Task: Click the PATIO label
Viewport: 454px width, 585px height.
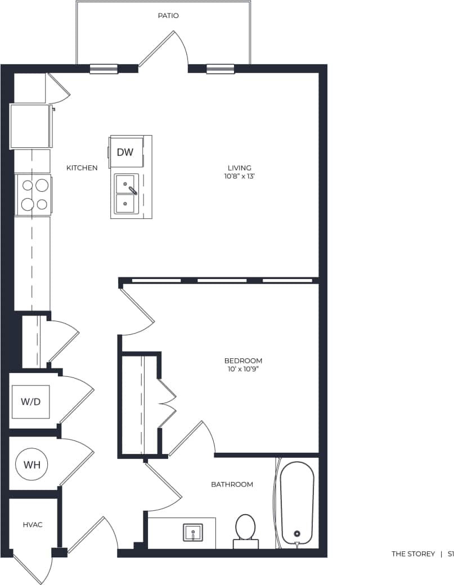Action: pos(168,16)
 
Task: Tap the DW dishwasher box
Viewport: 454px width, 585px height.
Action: pos(125,152)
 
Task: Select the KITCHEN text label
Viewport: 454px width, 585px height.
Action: pos(82,168)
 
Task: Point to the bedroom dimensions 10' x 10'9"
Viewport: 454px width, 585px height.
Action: pos(243,370)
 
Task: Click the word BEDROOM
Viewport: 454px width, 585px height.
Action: pos(243,361)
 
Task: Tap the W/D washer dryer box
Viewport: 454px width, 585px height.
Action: pos(31,402)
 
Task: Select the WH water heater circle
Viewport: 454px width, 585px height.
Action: pos(32,465)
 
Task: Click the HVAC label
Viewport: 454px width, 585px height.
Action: pos(33,524)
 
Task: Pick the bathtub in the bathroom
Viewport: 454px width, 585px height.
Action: pos(297,502)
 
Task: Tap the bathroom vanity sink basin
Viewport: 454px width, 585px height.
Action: pos(193,532)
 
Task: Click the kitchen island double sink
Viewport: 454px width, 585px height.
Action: pos(127,194)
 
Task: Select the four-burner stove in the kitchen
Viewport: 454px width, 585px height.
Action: pos(34,194)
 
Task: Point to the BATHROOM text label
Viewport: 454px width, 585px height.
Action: pos(232,484)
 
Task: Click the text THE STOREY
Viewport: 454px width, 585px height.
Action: pos(413,554)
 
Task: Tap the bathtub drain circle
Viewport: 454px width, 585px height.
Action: pos(297,534)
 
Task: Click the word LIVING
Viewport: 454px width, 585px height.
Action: pos(239,168)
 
